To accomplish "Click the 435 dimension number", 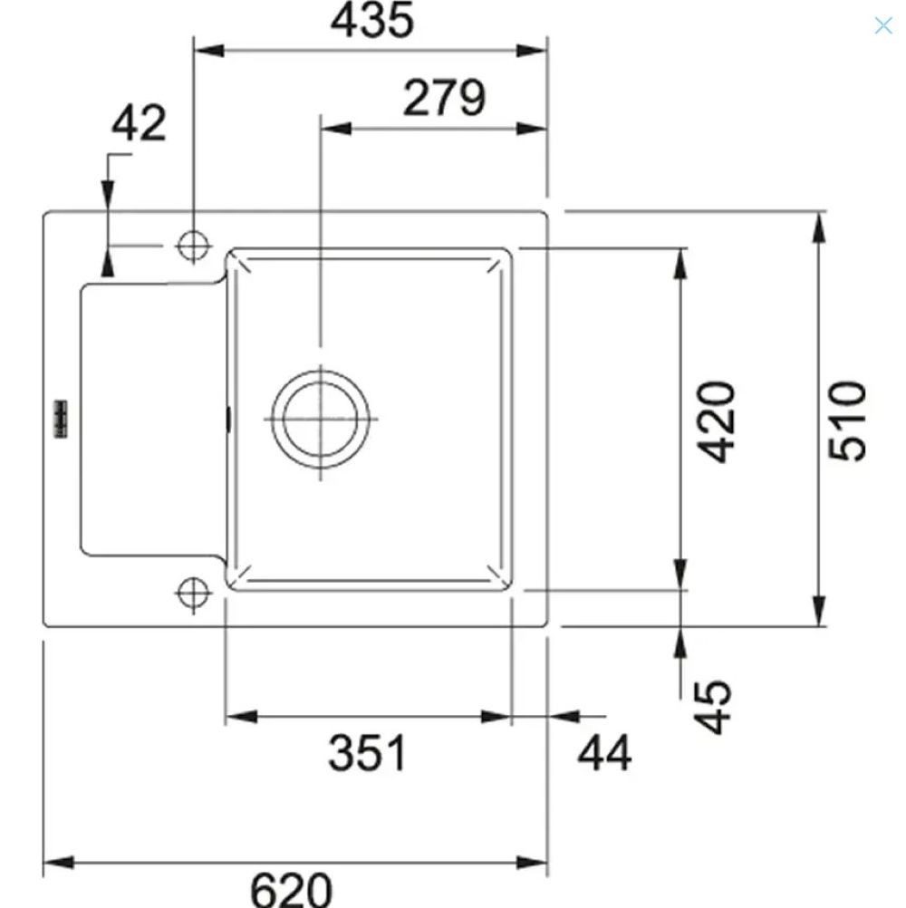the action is tap(372, 20).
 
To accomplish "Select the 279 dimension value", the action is tap(444, 97).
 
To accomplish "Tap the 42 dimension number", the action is tap(139, 122).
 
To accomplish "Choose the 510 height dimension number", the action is tap(847, 421).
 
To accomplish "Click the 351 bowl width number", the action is tap(367, 752).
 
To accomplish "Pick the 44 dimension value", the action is tap(604, 753).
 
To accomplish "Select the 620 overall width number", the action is tap(291, 890).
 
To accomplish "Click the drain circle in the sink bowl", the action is tap(320, 419).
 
